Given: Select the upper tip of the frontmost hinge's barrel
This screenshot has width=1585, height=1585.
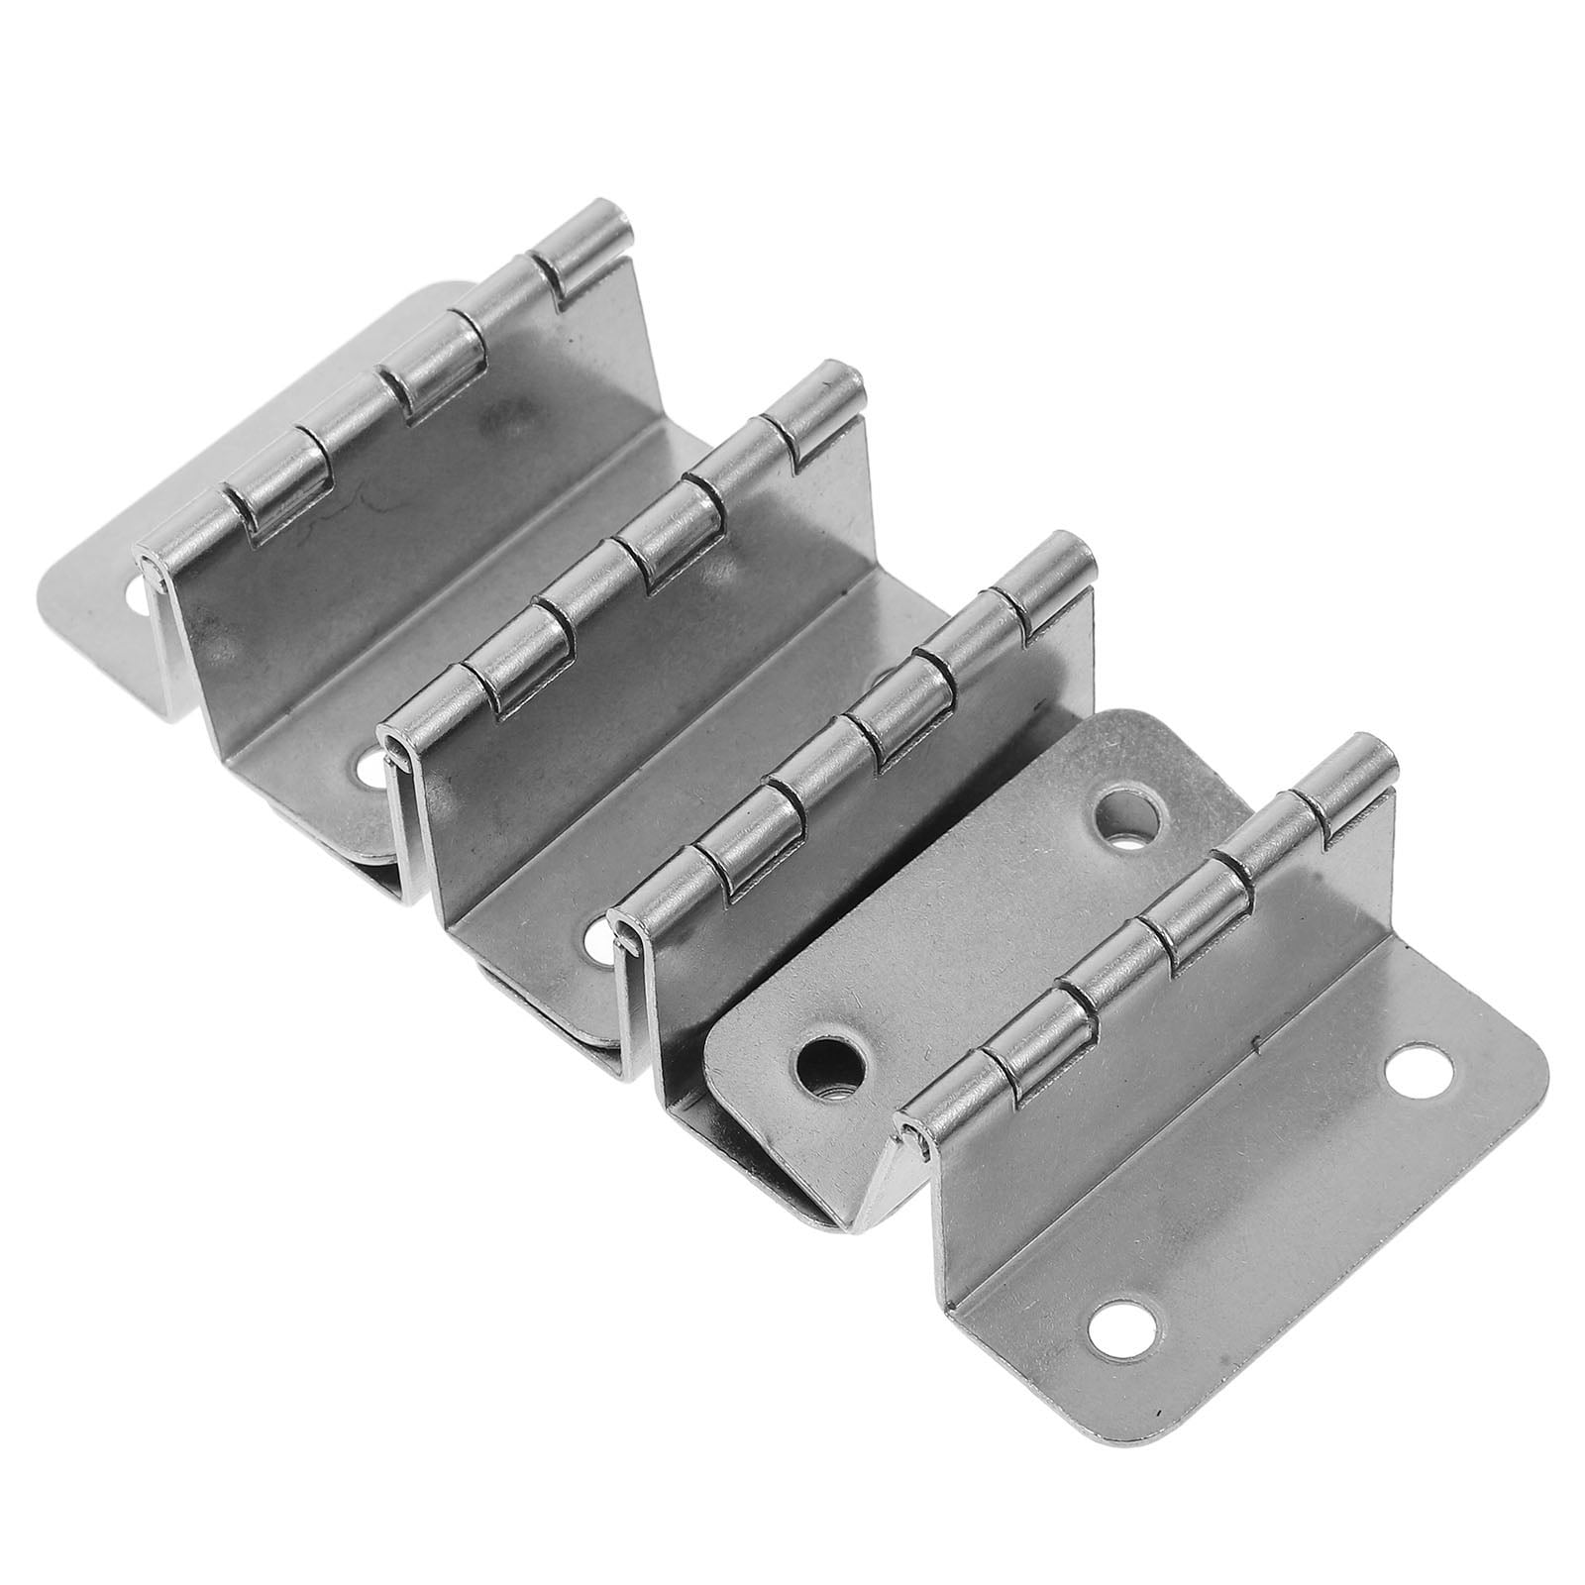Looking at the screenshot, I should [x=1370, y=750].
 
